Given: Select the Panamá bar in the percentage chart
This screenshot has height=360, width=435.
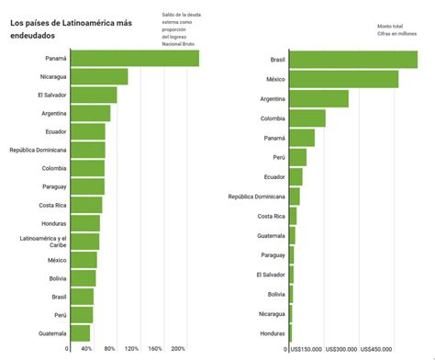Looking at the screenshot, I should pyautogui.click(x=134, y=58).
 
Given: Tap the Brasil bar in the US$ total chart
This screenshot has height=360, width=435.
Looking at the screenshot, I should pyautogui.click(x=353, y=60).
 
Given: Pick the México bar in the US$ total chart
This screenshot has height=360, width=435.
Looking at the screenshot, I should pyautogui.click(x=343, y=79).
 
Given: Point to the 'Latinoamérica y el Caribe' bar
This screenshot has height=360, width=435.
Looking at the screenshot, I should pyautogui.click(x=84, y=242).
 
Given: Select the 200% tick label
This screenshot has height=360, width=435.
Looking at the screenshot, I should pyautogui.click(x=179, y=349).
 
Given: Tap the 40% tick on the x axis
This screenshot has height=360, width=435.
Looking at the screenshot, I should pyautogui.click(x=86, y=349).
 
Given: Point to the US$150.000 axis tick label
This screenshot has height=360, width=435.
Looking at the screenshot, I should pyautogui.click(x=306, y=349).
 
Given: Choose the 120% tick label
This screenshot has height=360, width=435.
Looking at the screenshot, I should pyautogui.click(x=132, y=349).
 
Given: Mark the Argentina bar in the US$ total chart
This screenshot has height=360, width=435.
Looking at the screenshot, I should pyautogui.click(x=318, y=99).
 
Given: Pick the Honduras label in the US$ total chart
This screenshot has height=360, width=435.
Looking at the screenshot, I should pyautogui.click(x=272, y=333).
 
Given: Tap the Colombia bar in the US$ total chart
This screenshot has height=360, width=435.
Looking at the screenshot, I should pyautogui.click(x=307, y=118).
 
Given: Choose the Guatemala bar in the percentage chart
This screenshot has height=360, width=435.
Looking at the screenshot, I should pyautogui.click(x=80, y=333).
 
